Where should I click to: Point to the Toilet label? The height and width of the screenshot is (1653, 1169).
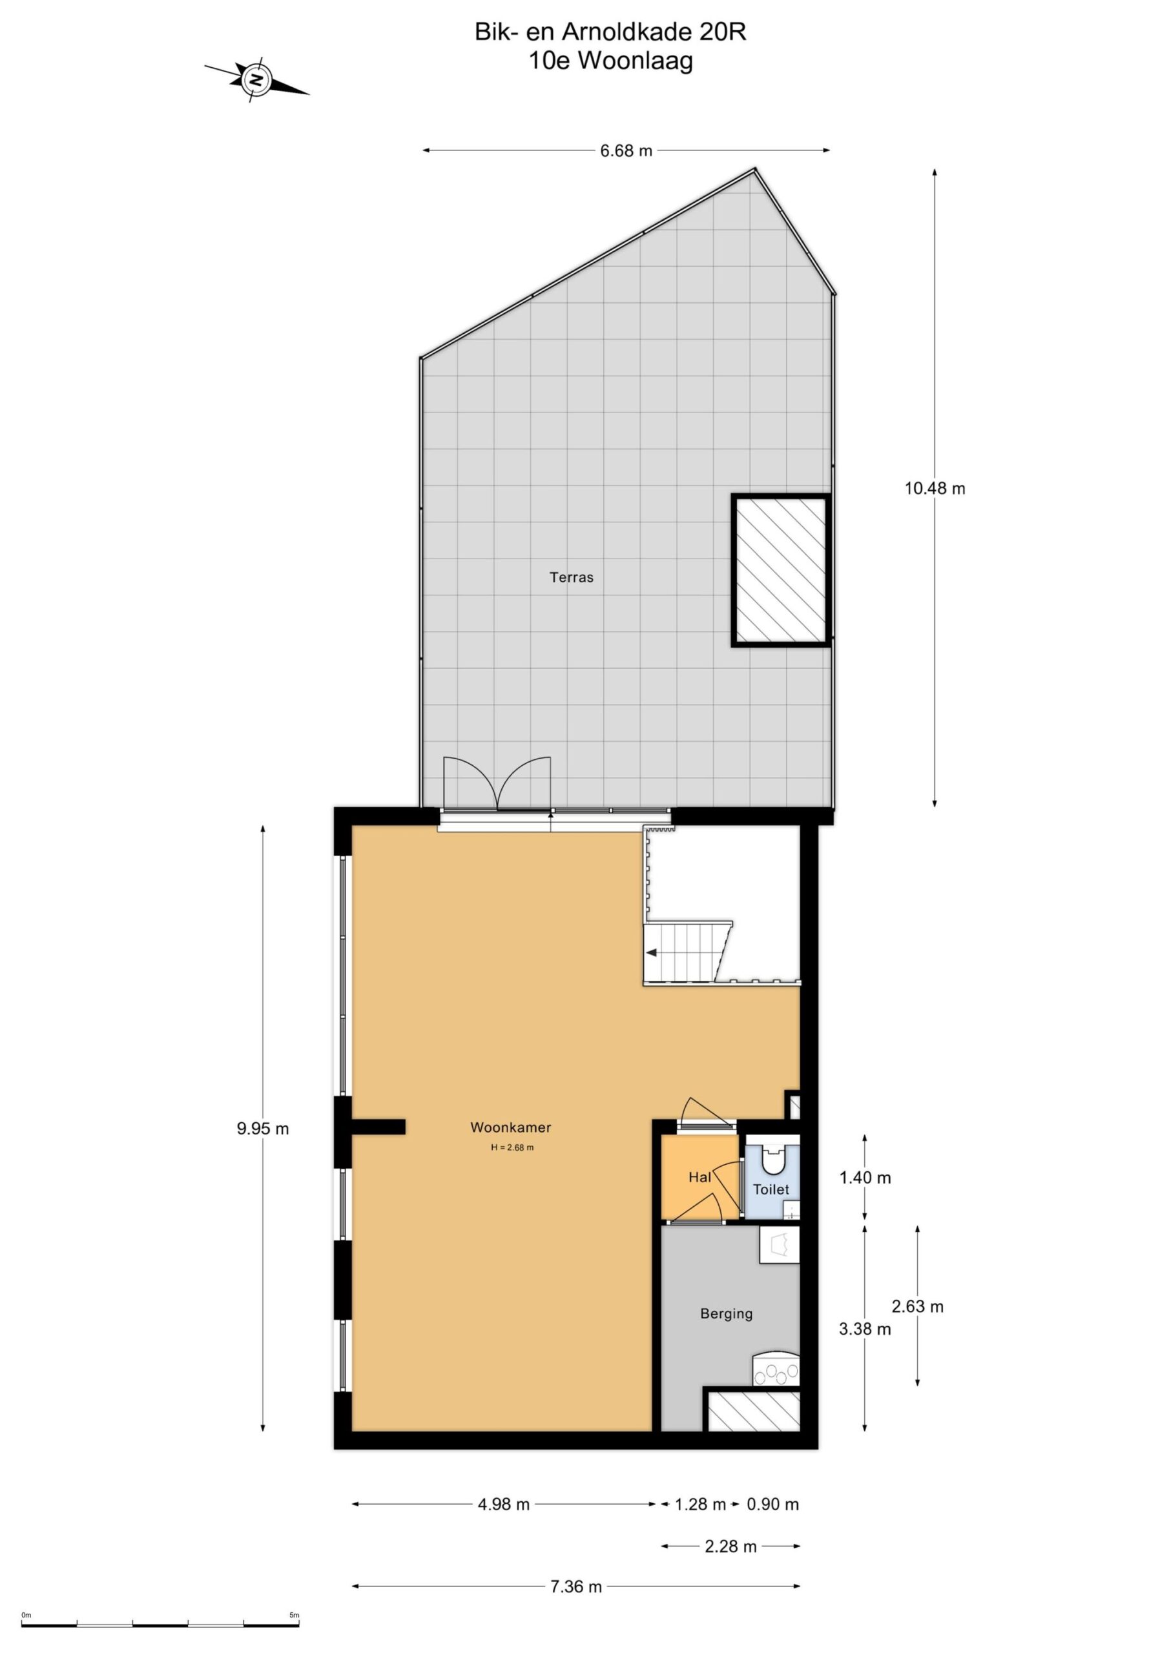coord(771,1189)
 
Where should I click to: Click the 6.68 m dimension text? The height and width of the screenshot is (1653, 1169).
coord(626,150)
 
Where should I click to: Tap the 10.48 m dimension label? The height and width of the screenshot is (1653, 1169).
coord(935,488)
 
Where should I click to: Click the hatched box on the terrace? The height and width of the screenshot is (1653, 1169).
coord(781,570)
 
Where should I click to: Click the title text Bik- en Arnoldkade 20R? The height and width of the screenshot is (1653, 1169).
coord(610,32)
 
